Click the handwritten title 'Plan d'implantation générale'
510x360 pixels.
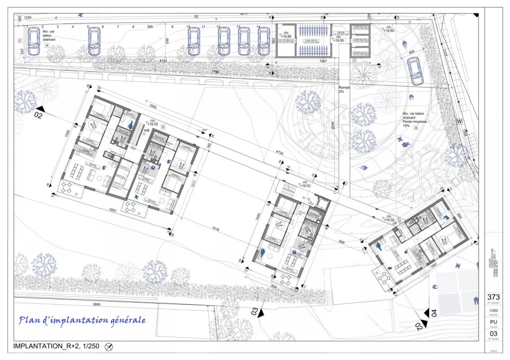click(x=82, y=320)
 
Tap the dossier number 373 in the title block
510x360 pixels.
click(x=494, y=297)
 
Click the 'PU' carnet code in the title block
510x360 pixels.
click(x=494, y=322)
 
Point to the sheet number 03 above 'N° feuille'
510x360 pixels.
click(x=494, y=333)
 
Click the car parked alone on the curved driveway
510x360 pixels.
click(x=415, y=71)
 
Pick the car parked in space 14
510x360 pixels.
click(x=263, y=40)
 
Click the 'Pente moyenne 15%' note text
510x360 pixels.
click(x=415, y=122)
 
